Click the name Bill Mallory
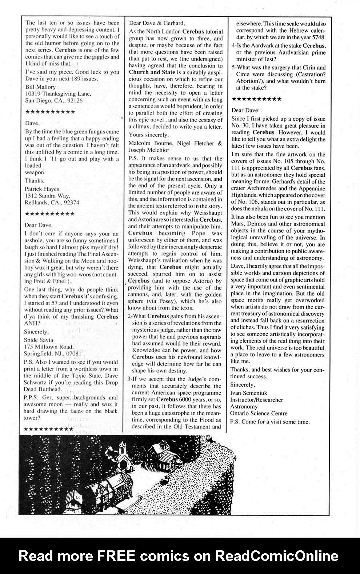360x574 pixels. click(x=40, y=87)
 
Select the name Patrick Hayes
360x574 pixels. click(x=42, y=189)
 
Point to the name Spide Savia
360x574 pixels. click(x=39, y=340)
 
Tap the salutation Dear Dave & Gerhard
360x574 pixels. click(x=155, y=23)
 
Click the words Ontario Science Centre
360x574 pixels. click(x=259, y=413)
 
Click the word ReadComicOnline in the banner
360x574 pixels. click(x=276, y=556)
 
